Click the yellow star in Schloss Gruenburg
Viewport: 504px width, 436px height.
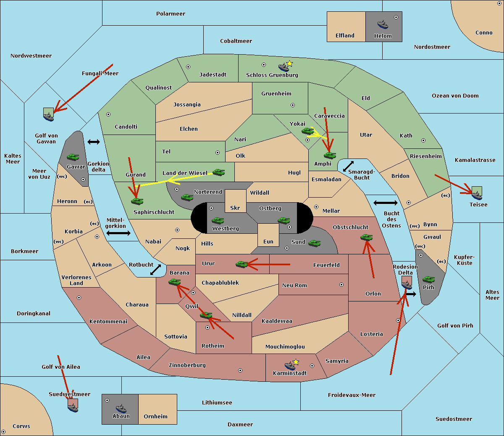(x=289, y=63)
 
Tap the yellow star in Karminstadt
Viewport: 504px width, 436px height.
(x=296, y=362)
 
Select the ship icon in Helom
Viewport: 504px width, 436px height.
(x=383, y=24)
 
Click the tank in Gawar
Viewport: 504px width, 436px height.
(x=73, y=157)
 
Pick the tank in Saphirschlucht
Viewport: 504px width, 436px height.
(x=137, y=201)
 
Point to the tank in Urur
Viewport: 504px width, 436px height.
(x=241, y=264)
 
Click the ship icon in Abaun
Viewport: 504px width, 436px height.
(x=121, y=408)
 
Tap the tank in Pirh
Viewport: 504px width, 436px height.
(x=428, y=280)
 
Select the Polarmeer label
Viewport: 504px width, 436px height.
(x=171, y=14)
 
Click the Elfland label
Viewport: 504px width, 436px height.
(x=345, y=36)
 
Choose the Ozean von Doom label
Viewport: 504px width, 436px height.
(x=455, y=96)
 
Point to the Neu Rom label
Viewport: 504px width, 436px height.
(x=294, y=285)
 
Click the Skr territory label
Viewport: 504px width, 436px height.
(x=235, y=208)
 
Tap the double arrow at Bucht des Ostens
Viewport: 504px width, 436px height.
(x=385, y=203)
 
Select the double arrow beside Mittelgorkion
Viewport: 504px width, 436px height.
(x=118, y=233)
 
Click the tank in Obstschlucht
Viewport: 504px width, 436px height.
(x=366, y=238)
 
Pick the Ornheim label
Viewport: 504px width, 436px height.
(x=155, y=417)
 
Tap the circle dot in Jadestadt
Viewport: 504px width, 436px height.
(x=188, y=67)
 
